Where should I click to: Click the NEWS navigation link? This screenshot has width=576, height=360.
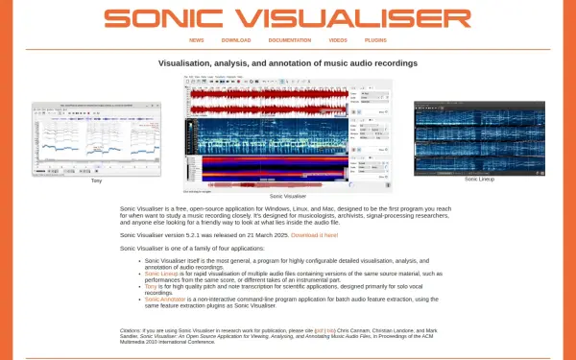point(197,40)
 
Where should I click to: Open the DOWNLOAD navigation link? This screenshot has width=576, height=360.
point(236,40)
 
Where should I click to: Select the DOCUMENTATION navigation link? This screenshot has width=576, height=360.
point(290,40)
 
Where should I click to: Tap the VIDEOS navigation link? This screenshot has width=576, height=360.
point(338,40)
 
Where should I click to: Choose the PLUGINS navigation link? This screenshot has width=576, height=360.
point(376,40)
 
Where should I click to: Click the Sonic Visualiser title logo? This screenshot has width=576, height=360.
point(288,18)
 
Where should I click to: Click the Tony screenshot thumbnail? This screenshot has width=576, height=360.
point(96,139)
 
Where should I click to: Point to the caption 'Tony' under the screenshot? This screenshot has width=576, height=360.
point(96,181)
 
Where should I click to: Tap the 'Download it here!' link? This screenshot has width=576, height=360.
point(315,235)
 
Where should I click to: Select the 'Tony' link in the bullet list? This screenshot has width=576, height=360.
point(151,285)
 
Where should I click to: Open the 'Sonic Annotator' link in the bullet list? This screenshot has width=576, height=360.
point(165,298)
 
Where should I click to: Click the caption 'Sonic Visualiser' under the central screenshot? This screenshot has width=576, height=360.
point(288,196)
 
